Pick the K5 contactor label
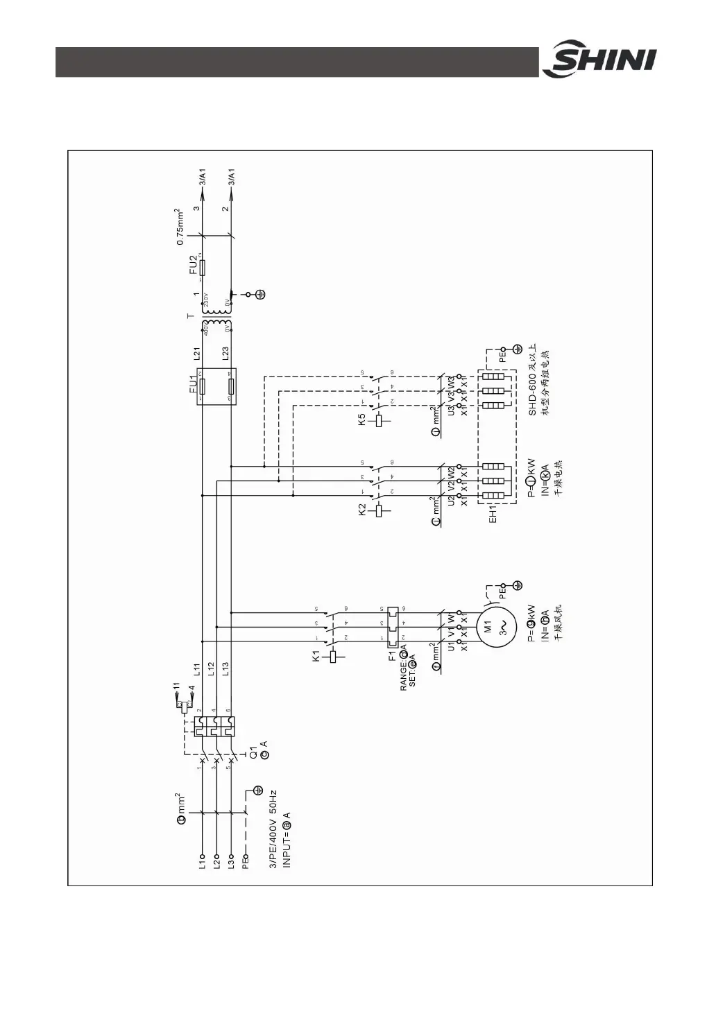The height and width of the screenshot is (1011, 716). [362, 420]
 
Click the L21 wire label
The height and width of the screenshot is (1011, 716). [197, 354]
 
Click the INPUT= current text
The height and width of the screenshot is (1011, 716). [287, 839]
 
